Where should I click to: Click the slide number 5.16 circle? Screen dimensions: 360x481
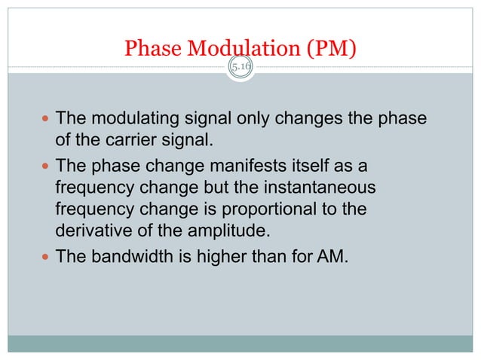pos(241,68)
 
